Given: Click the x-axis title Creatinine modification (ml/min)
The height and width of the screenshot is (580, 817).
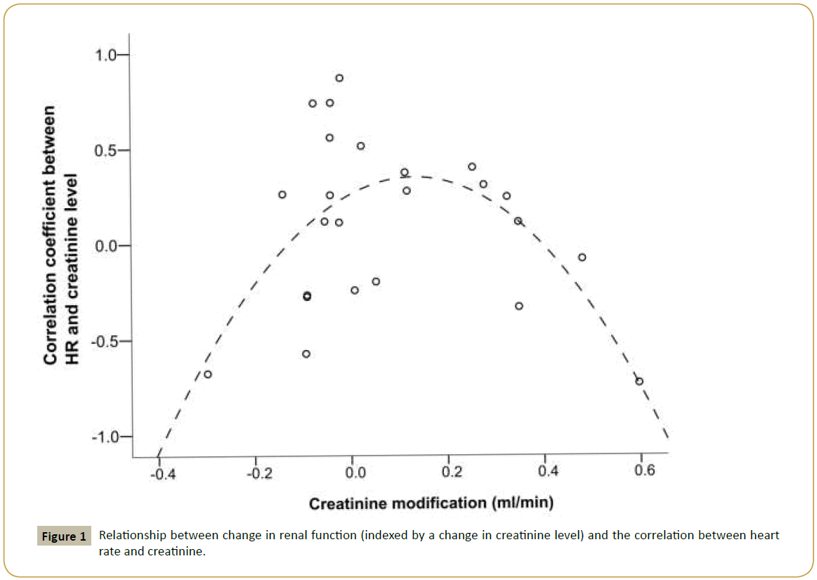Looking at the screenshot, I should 431,503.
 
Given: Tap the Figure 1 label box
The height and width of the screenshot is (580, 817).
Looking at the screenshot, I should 63,537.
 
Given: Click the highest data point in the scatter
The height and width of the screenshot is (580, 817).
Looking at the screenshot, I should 339,78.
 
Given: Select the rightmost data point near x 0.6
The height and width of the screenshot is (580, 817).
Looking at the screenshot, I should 639,381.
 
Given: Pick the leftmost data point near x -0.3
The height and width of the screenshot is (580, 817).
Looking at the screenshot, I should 208,374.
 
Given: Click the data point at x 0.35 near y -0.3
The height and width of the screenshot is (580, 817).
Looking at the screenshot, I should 519,306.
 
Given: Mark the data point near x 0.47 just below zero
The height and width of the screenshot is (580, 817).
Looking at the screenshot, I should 582,257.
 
